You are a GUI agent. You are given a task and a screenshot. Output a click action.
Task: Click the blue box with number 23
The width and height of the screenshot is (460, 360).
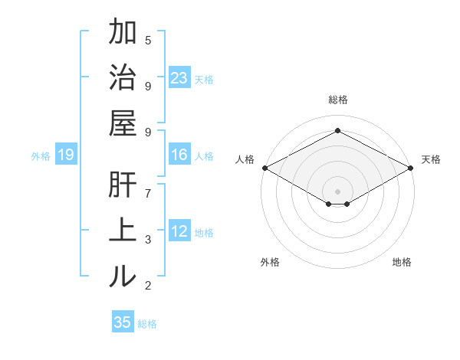[x=179, y=77]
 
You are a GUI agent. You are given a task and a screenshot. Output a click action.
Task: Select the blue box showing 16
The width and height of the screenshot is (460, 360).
[x=179, y=155]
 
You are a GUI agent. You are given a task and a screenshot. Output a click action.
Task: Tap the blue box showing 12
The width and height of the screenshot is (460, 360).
[x=179, y=231]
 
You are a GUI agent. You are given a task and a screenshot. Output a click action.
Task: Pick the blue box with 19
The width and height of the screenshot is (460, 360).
[x=65, y=155]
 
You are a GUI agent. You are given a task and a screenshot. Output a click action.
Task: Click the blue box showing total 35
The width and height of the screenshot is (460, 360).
[x=123, y=322]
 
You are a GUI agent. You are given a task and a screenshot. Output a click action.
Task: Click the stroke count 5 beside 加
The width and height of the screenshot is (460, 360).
[x=148, y=40]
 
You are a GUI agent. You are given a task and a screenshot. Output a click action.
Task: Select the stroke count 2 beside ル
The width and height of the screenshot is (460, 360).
[x=148, y=286]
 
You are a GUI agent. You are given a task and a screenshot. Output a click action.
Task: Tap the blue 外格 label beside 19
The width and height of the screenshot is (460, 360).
[x=41, y=156]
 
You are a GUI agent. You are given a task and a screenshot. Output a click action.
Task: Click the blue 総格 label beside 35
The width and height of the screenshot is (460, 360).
[x=147, y=323]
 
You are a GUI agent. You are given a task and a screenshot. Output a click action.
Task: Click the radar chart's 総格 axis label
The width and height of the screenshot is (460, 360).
[x=337, y=100]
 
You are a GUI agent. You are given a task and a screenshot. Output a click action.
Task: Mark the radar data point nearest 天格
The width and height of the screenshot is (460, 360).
[x=412, y=168]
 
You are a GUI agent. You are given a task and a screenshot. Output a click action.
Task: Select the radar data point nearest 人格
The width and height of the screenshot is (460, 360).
[x=264, y=168]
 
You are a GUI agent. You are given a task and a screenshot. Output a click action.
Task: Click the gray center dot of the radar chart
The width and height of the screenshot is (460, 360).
[x=337, y=190]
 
